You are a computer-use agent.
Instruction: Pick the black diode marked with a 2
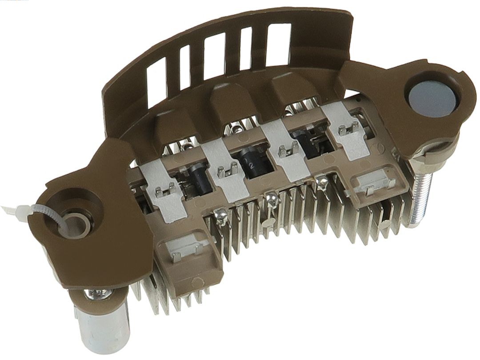pyautogui.click(x=251, y=162)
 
